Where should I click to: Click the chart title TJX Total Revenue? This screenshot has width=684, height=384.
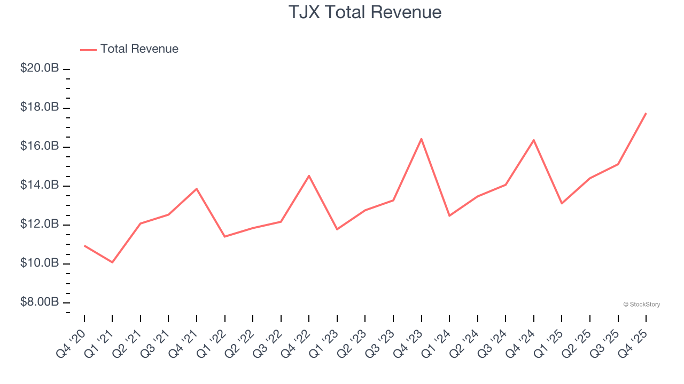click(365, 12)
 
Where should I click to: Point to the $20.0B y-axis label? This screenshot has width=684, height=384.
click(40, 69)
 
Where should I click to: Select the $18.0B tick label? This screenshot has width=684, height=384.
click(40, 108)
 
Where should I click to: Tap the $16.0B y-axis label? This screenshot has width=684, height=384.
click(40, 147)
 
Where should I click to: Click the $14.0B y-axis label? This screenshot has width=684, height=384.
click(40, 186)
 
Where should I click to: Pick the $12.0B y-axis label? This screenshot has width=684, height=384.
click(40, 225)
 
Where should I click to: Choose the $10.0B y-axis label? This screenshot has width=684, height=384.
click(40, 263)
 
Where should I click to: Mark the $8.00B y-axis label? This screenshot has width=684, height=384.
click(40, 302)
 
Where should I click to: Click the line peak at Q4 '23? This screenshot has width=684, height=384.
click(421, 139)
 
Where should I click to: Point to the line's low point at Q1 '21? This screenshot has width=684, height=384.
click(112, 262)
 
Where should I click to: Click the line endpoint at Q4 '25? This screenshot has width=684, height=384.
click(646, 113)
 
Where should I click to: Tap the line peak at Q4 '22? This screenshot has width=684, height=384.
click(309, 175)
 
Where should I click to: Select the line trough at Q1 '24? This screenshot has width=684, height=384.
click(449, 215)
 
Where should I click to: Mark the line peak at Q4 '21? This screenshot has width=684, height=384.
click(197, 188)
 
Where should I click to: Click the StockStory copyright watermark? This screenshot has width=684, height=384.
click(641, 305)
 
